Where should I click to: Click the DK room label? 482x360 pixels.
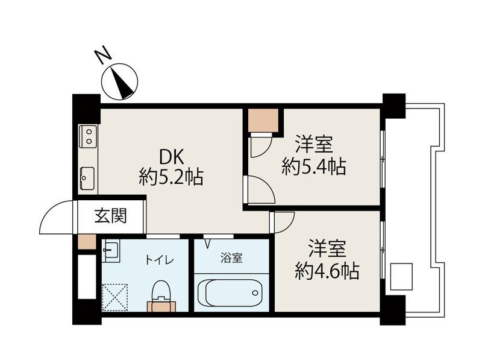pyautogui.click(x=171, y=157)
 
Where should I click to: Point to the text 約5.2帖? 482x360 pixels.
pyautogui.click(x=171, y=177)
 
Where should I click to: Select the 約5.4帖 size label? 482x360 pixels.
pyautogui.click(x=314, y=166)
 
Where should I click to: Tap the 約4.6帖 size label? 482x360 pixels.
pyautogui.click(x=327, y=271)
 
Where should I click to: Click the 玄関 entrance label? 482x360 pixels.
pyautogui.click(x=110, y=215)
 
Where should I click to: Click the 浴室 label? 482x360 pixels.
pyautogui.click(x=231, y=259)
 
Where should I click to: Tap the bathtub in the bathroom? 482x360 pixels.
pyautogui.click(x=231, y=292)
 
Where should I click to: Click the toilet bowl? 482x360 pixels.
pyautogui.click(x=160, y=292)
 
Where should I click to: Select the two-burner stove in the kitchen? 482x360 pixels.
pyautogui.click(x=88, y=137)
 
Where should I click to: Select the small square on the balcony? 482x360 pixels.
pyautogui.click(x=401, y=277)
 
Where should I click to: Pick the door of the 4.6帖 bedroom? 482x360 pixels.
pyautogui.click(x=281, y=222)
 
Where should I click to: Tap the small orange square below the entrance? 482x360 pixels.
pyautogui.click(x=86, y=242)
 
